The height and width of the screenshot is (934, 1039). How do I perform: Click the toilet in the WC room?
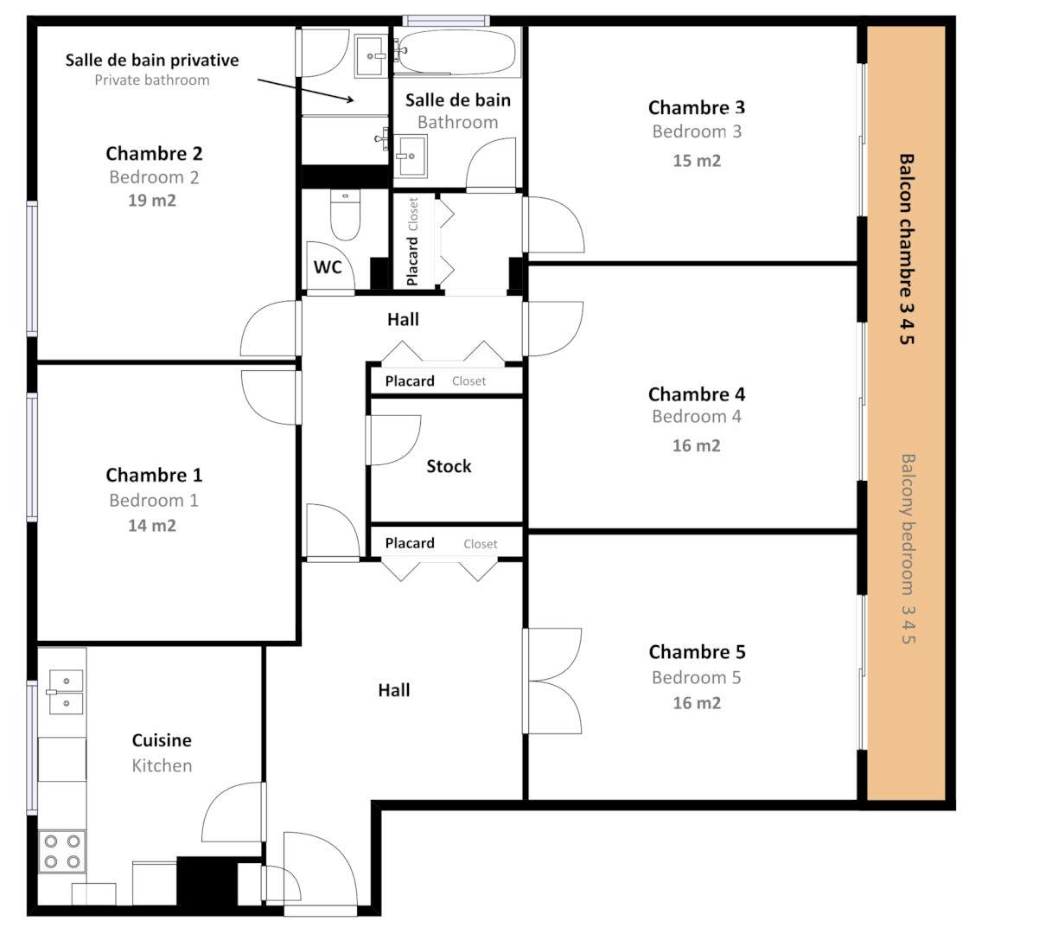tap(346, 215)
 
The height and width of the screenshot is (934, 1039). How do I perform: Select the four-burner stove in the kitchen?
tap(62, 850)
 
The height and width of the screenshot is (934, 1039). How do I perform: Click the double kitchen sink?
tap(66, 692)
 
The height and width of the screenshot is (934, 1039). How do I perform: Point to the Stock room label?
tap(449, 467)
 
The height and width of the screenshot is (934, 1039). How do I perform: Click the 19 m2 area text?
tap(152, 201)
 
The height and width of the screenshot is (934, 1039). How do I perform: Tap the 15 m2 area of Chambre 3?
tap(697, 161)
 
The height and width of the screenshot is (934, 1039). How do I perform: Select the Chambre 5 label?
tap(697, 652)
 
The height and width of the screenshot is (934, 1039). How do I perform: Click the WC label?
tap(328, 267)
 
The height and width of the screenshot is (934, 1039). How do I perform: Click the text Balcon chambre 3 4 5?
tap(906, 249)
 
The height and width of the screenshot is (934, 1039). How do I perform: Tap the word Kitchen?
tap(162, 765)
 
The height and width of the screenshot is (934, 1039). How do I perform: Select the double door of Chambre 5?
tap(553, 681)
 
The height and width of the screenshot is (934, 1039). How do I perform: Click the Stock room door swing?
tap(393, 439)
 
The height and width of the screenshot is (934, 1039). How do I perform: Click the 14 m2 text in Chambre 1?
tap(152, 526)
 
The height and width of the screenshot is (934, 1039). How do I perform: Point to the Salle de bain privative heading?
tap(152, 61)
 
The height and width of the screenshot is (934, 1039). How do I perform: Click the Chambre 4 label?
tap(697, 394)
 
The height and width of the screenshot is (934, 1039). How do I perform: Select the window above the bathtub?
tap(446, 21)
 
